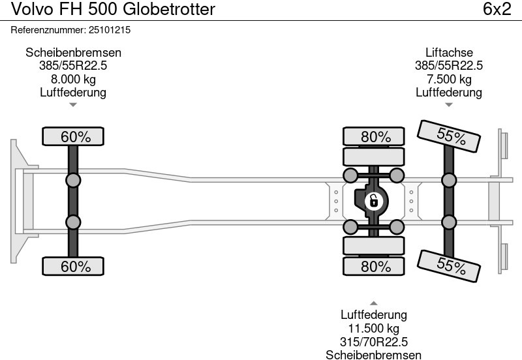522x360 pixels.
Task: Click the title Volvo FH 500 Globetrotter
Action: click(x=108, y=10)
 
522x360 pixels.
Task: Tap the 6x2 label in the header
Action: click(x=497, y=10)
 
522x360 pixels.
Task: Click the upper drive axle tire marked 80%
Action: click(x=375, y=137)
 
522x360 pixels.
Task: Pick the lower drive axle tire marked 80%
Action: click(x=375, y=266)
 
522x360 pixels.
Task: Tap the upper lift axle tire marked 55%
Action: click(x=450, y=136)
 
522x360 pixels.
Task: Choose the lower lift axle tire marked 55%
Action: click(x=450, y=265)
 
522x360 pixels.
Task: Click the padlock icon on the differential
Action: click(x=374, y=201)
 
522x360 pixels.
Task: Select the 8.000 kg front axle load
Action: click(x=73, y=80)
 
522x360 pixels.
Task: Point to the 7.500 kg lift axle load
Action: click(x=449, y=80)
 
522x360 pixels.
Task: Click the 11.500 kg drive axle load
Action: click(x=374, y=329)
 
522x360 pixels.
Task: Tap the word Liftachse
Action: click(x=449, y=53)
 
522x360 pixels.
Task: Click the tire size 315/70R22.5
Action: click(x=374, y=342)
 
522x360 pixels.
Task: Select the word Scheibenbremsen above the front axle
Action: click(x=73, y=53)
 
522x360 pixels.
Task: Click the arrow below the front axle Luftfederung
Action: click(x=73, y=104)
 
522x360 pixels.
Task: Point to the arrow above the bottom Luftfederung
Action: click(x=374, y=303)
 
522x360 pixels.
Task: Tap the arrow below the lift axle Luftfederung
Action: click(x=449, y=104)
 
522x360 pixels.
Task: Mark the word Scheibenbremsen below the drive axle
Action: click(x=374, y=355)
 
